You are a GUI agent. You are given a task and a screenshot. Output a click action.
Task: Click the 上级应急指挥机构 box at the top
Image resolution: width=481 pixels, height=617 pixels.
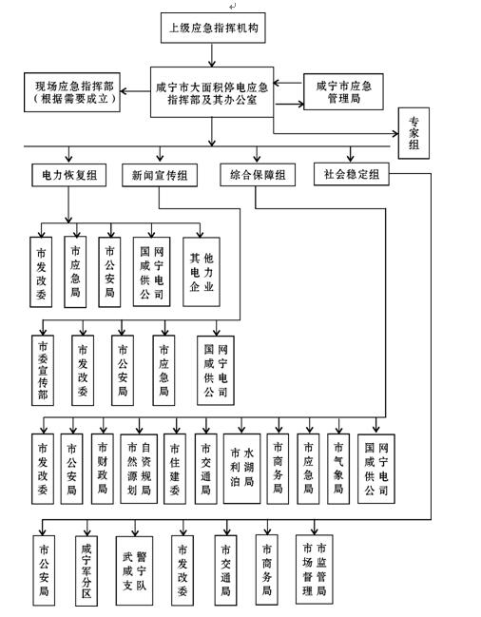[x=213, y=28]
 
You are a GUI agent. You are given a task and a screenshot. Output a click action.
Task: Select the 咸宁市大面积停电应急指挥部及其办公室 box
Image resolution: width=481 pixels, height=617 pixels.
[x=212, y=92]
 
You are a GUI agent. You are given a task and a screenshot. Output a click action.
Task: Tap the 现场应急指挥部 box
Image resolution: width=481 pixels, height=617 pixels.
[x=72, y=92]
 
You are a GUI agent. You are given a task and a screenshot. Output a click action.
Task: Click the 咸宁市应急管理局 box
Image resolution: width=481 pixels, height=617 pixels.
[x=343, y=91]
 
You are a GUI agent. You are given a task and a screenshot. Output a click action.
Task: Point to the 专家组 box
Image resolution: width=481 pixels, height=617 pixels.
[x=414, y=133]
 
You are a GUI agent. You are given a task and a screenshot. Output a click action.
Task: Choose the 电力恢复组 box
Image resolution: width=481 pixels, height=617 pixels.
[x=68, y=175]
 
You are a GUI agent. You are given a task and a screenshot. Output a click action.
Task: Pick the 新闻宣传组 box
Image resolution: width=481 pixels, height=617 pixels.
[x=160, y=175]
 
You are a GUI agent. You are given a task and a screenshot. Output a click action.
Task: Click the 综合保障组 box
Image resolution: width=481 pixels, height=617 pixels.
[x=258, y=174]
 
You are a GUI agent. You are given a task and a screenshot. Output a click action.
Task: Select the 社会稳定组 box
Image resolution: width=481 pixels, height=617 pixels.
[x=351, y=174]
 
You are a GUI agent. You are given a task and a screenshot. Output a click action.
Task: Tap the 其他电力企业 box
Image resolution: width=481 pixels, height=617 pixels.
[x=201, y=272]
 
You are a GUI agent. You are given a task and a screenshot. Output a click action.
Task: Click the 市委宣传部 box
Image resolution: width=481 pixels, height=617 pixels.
[x=43, y=370]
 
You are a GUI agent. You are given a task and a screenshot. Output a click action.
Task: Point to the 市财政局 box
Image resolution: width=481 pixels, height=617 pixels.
[x=103, y=469]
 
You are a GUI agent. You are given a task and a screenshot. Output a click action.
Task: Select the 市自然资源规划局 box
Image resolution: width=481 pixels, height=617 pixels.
[x=139, y=469]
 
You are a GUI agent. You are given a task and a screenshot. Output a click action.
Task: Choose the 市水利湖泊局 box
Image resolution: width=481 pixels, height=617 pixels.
[x=241, y=469]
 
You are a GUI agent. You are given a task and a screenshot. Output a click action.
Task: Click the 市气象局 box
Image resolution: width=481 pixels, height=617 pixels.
[x=338, y=469]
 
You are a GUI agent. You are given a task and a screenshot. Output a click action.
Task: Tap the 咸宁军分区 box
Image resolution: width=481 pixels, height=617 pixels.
[x=87, y=570]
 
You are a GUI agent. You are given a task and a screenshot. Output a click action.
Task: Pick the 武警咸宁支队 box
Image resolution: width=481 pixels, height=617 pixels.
[x=134, y=571]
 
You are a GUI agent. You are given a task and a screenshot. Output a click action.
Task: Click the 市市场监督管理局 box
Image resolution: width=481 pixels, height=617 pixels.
[x=315, y=569]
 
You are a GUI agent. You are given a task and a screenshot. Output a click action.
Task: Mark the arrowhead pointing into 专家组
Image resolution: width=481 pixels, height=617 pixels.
[x=395, y=134]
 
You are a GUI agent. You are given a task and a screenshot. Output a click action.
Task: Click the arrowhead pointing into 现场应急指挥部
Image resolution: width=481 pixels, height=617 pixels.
[x=124, y=91]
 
